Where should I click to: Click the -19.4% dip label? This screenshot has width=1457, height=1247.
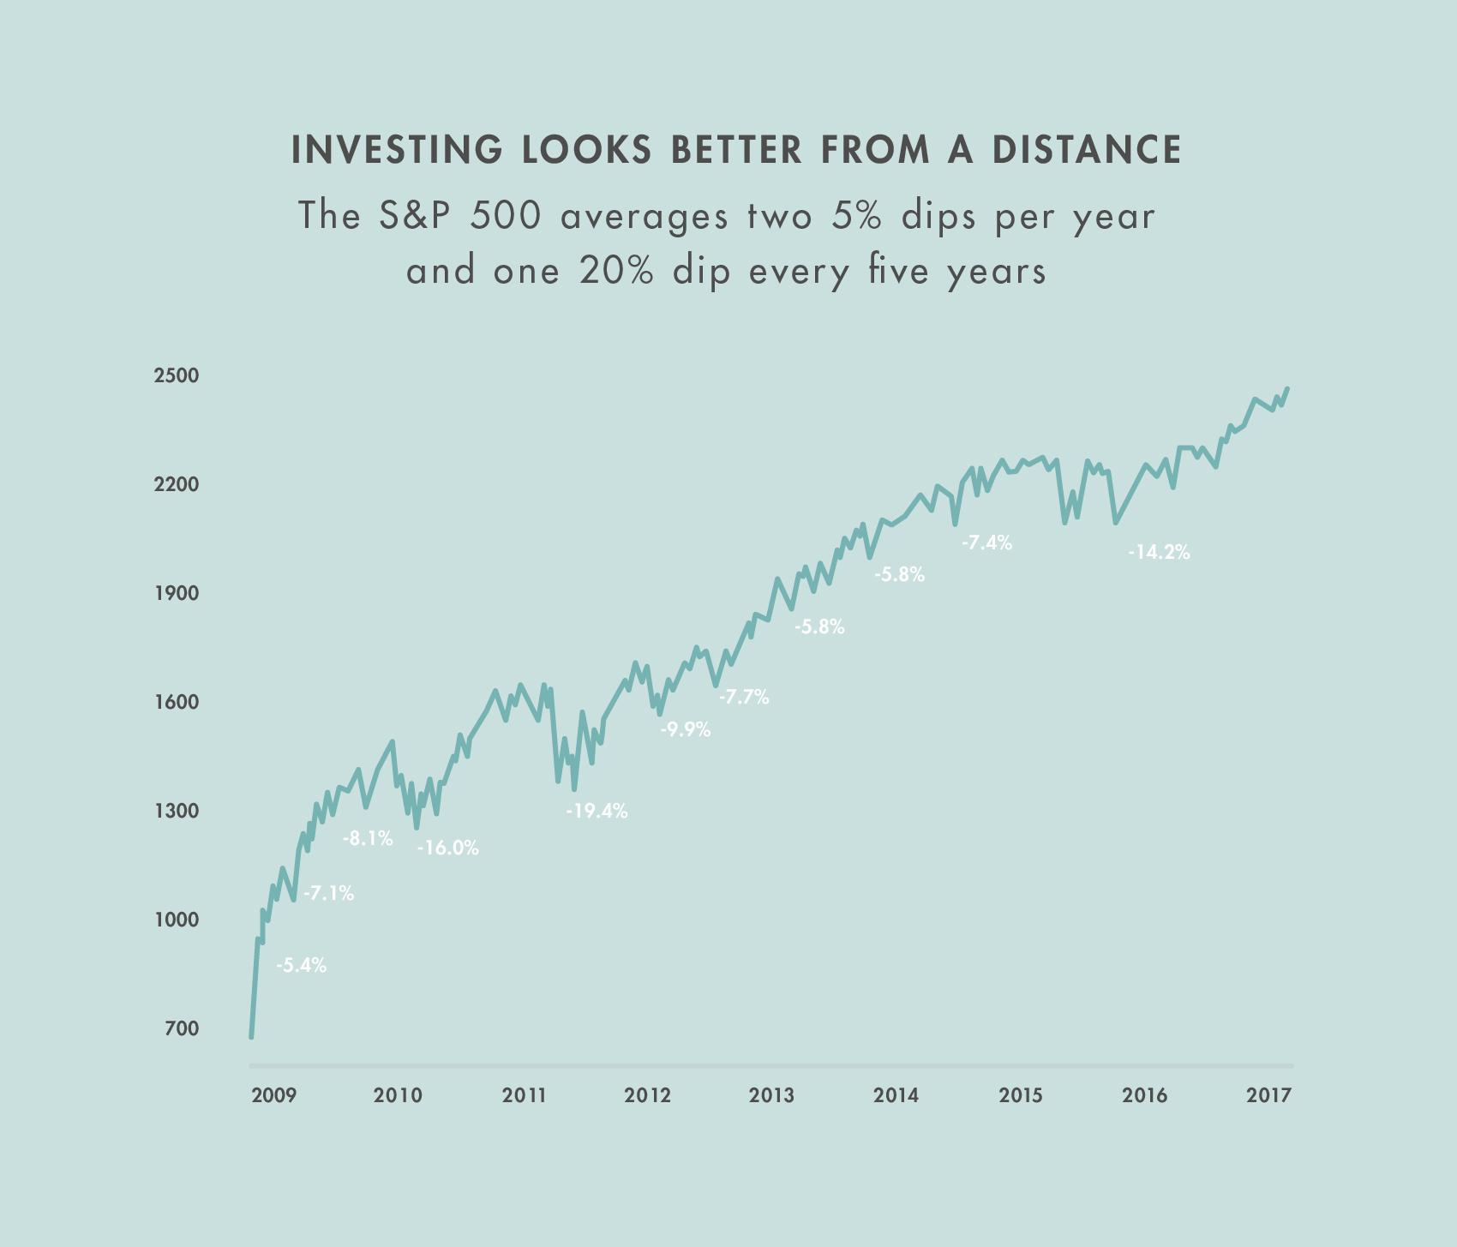[x=597, y=811]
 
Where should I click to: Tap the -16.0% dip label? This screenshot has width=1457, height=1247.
[x=448, y=848]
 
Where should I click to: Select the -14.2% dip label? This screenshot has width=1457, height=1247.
[x=1159, y=553]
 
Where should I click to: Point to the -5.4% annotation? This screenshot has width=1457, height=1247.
[x=301, y=966]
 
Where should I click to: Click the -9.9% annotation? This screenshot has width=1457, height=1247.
[x=685, y=730]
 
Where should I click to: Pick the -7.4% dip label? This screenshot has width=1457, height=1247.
[x=986, y=543]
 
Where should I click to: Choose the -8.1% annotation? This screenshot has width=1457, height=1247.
[x=368, y=839]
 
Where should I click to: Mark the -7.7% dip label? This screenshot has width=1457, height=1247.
[x=744, y=698]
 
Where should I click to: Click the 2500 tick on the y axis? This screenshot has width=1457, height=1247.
[x=177, y=375]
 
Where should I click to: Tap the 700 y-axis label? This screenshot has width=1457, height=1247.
[x=182, y=1028]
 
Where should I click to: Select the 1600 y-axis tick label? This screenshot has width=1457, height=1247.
[x=177, y=702]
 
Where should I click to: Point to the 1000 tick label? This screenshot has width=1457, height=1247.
[x=177, y=920]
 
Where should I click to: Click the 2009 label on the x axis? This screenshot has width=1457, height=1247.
[x=274, y=1095]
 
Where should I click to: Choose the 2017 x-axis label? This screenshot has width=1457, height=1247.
[x=1268, y=1095]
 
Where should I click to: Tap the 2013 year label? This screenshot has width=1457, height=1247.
[x=771, y=1095]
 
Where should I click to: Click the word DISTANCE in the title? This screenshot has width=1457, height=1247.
[x=1088, y=149]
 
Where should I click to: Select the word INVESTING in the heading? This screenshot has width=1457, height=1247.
[x=397, y=149]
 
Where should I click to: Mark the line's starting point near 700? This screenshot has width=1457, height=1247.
[x=251, y=1037]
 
